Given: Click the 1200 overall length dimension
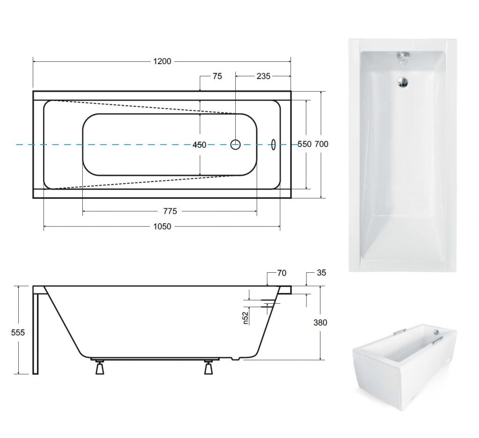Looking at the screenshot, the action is click(162, 61).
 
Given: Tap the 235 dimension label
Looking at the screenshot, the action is click(263, 76).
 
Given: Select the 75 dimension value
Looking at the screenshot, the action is click(217, 76).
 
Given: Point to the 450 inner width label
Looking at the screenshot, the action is click(199, 145).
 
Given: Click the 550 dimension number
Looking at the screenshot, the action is click(305, 144).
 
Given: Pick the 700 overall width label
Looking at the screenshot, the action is click(321, 144).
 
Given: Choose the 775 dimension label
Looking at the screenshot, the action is click(170, 211).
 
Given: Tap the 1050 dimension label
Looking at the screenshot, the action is click(162, 226).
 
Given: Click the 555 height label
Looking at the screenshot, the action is click(18, 332).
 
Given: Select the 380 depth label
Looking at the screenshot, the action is click(320, 322).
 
